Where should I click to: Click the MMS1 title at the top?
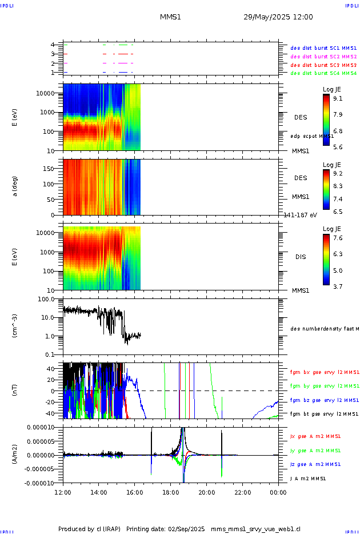pos(170,17)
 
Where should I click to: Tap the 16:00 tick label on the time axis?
pos(135,491)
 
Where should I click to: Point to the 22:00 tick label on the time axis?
pos(243,491)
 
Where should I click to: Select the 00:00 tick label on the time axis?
pos(278,491)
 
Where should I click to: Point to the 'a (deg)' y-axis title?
pos(15,186)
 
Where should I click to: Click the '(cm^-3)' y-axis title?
pos(15,326)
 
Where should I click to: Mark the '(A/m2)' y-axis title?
pos(15,455)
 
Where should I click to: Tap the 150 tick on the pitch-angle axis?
pos(54,169)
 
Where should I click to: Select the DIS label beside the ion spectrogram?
pos(300,257)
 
